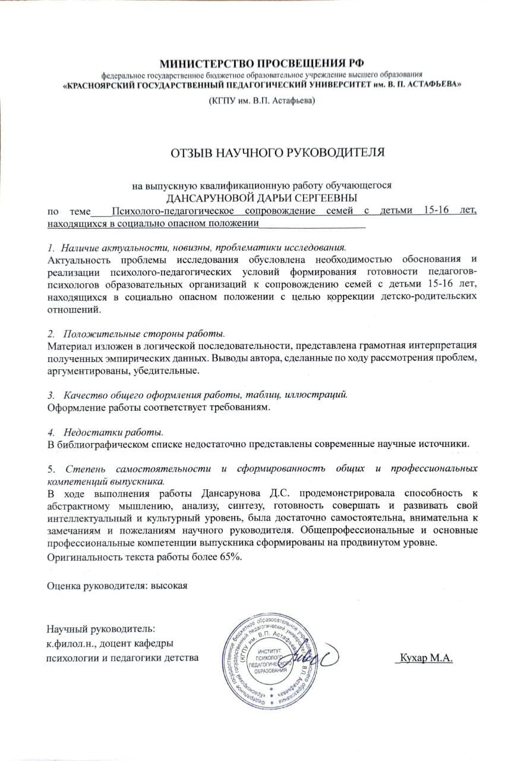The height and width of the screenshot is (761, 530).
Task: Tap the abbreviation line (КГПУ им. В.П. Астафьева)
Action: pyautogui.click(x=261, y=101)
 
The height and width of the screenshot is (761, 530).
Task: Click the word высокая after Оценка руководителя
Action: pyautogui.click(x=169, y=586)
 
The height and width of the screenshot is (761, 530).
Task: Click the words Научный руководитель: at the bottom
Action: pyautogui.click(x=100, y=629)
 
